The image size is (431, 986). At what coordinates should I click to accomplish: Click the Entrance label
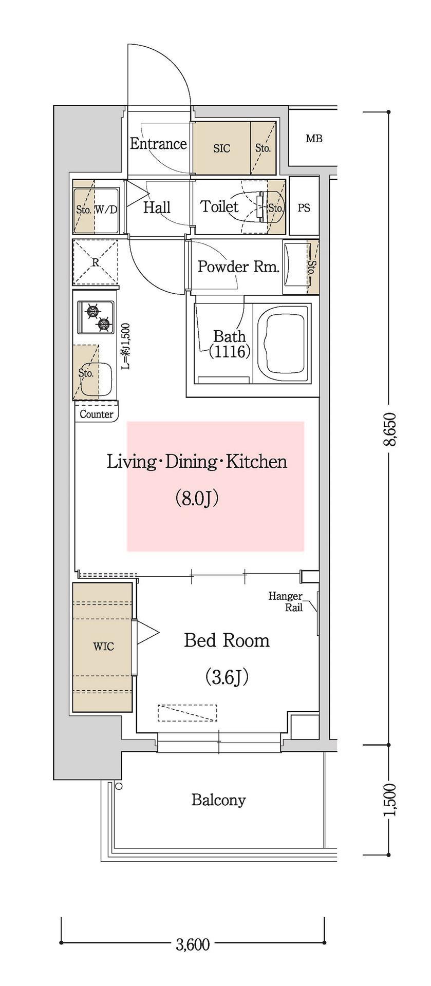[x=158, y=144]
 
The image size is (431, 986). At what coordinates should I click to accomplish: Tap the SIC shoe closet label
[x=221, y=148]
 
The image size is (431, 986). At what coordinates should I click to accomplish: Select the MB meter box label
[x=314, y=138]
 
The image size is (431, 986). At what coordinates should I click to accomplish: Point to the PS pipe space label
[x=304, y=208]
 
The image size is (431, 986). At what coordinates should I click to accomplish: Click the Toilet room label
[x=219, y=207]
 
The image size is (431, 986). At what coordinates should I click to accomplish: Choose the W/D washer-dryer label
[x=106, y=210]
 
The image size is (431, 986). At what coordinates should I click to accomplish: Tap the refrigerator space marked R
[x=95, y=262]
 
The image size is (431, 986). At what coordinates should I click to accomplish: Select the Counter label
[x=97, y=414]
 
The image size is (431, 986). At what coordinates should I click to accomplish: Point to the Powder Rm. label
[x=239, y=267]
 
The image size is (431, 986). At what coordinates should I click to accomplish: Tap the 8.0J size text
[x=197, y=498]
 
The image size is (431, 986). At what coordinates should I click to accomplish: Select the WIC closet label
[x=104, y=647]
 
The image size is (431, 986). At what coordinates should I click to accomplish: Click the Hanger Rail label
[x=286, y=602]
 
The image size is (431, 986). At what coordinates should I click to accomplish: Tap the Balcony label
[x=218, y=800]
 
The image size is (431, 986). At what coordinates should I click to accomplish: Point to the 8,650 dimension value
[x=389, y=429]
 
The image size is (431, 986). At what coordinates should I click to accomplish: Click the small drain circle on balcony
[x=119, y=786]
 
